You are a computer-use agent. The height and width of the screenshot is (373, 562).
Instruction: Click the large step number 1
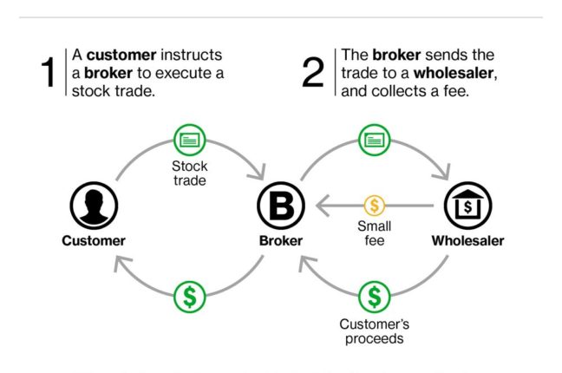point(48,74)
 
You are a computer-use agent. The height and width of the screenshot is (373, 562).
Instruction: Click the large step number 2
point(312,74)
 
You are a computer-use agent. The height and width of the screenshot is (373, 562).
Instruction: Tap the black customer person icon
point(93,206)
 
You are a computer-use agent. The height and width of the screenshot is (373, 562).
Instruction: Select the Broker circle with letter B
point(280,206)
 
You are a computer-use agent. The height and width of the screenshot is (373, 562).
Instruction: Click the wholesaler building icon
point(467,206)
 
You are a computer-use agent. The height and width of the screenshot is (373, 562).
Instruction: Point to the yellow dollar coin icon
point(375,206)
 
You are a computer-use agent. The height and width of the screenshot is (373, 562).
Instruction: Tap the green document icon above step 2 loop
point(375,140)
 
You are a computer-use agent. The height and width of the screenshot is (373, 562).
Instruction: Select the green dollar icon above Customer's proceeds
point(375,298)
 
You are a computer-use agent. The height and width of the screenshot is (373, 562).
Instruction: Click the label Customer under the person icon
point(93,240)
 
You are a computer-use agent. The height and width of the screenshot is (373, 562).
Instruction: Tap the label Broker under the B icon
point(280,240)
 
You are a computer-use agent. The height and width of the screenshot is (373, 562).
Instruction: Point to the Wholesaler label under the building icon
point(467,240)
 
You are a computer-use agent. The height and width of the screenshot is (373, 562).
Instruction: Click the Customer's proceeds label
point(375,331)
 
